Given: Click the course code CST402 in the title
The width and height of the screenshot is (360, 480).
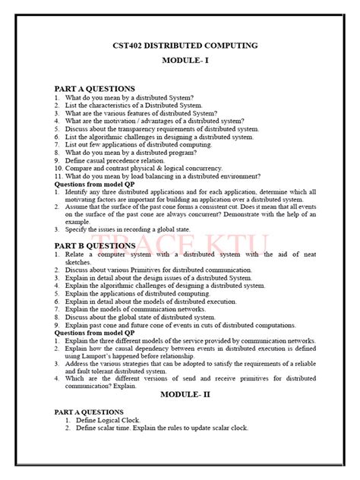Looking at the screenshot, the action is (120, 46).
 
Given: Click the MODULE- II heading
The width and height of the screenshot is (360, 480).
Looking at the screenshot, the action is (181, 395).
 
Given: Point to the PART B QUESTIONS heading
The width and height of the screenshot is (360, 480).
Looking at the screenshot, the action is (95, 246).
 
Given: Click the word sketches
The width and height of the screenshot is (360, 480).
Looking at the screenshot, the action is (80, 262).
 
